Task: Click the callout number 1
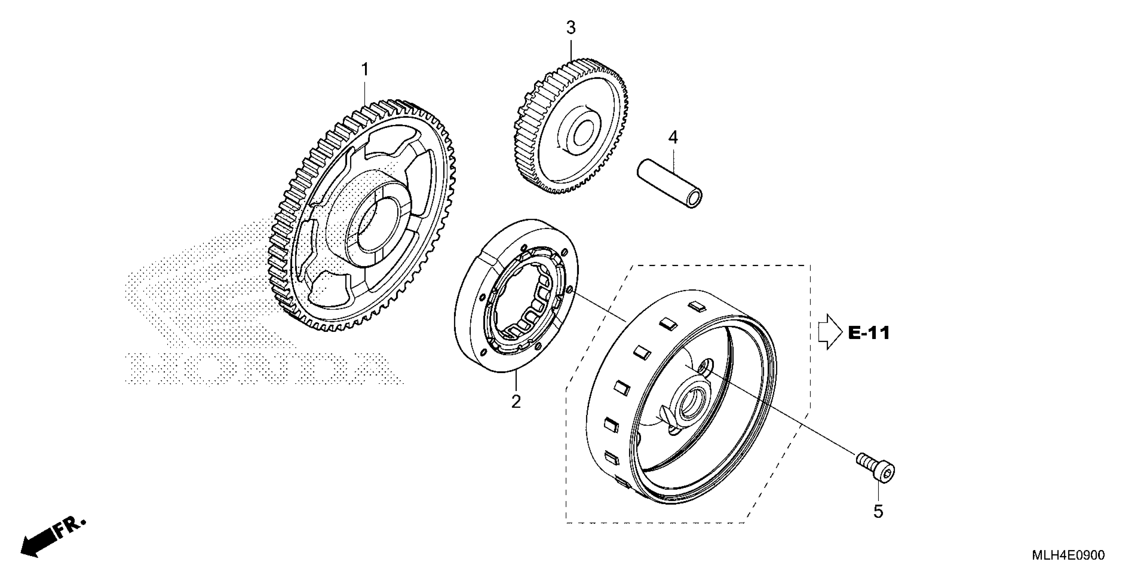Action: [x=365, y=70]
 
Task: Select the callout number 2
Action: [x=515, y=401]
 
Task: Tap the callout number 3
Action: [x=571, y=28]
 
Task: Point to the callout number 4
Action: [x=673, y=138]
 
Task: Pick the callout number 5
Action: [x=877, y=512]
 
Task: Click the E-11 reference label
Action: [x=869, y=333]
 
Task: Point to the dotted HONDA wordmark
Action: [x=263, y=368]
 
